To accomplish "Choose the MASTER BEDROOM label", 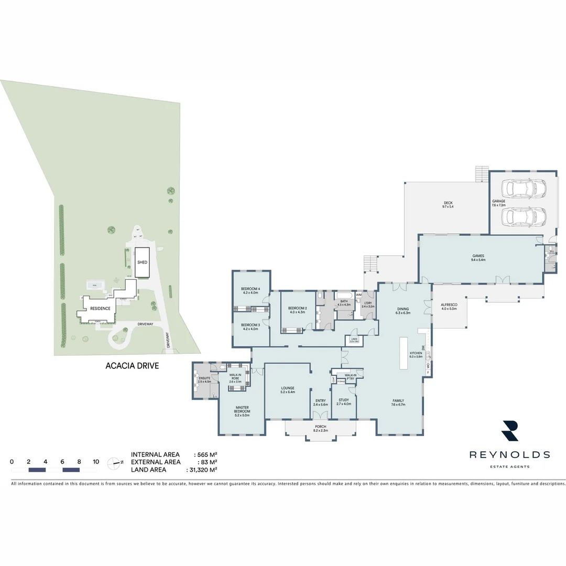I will (x=242, y=409).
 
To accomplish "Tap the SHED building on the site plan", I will (x=141, y=262).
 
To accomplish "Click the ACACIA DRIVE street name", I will (x=132, y=366).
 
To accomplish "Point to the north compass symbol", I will (x=114, y=462).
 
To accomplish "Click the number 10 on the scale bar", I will (x=95, y=462).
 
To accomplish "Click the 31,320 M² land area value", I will (x=206, y=470).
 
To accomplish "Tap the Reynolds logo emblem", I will (x=509, y=430).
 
